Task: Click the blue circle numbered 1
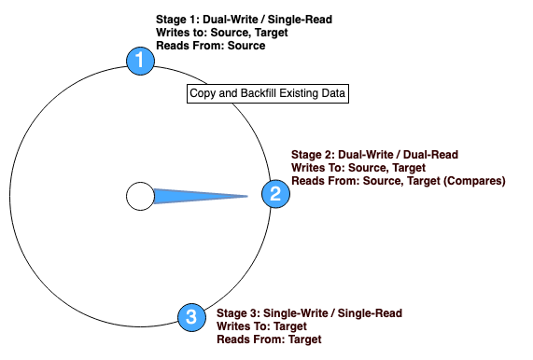141,62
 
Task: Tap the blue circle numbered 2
274,194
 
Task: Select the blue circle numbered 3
191,317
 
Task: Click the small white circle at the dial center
140,196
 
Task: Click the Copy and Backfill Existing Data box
268,93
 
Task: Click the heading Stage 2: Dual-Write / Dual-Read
374,154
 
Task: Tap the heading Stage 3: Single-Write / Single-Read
309,313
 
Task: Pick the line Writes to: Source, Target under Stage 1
222,32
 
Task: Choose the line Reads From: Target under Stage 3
269,339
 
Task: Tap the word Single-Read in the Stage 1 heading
302,19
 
